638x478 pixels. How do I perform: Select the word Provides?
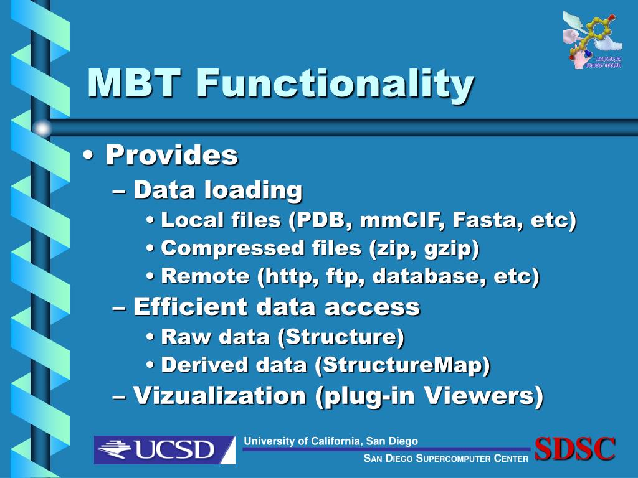(171, 155)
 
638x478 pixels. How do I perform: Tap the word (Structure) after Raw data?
(341, 337)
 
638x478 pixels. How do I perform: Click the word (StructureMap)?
(402, 365)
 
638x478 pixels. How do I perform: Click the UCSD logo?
(164, 449)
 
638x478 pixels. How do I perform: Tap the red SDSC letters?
(575, 449)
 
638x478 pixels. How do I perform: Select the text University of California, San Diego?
(331, 441)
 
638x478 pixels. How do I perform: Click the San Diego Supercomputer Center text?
(446, 459)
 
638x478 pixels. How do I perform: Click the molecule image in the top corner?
(593, 39)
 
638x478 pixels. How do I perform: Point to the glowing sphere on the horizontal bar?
(42, 129)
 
